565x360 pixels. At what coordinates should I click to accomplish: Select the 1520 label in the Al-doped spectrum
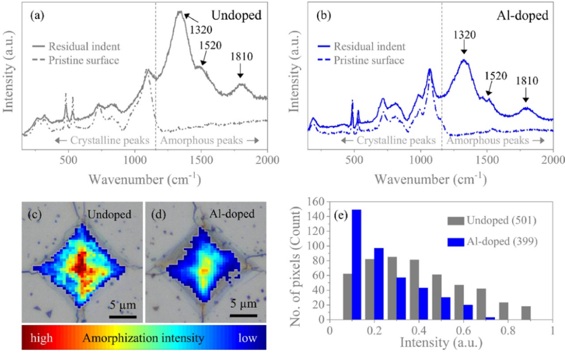click(x=495, y=75)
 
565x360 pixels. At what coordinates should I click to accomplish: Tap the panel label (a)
click(x=37, y=15)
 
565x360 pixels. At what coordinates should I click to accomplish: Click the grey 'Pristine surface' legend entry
click(x=84, y=60)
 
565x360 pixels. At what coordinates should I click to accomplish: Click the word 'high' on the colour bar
click(x=41, y=338)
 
